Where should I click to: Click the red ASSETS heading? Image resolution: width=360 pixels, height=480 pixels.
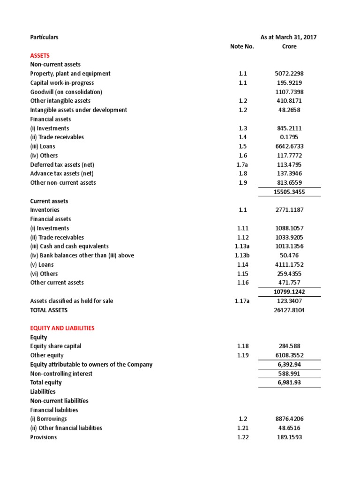pyautogui.click(x=40, y=55)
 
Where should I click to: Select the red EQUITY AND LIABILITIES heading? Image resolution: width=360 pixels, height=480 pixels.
pyautogui.click(x=62, y=328)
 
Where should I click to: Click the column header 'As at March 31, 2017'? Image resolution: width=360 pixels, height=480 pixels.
pyautogui.click(x=288, y=37)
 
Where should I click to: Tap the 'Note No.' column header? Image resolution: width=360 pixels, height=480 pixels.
pyautogui.click(x=242, y=46)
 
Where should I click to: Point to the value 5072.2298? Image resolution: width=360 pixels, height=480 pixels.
pyautogui.click(x=289, y=74)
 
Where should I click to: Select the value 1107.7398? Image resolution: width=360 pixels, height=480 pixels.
pyautogui.click(x=289, y=92)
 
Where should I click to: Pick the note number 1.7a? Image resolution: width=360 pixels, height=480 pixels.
pyautogui.click(x=242, y=165)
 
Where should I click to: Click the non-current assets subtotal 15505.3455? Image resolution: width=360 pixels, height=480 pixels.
pyautogui.click(x=289, y=192)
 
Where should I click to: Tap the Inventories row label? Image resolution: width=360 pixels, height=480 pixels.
pyautogui.click(x=45, y=210)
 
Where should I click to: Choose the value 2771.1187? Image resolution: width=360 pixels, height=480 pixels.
pyautogui.click(x=289, y=210)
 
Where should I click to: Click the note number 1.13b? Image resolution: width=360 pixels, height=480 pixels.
pyautogui.click(x=242, y=255)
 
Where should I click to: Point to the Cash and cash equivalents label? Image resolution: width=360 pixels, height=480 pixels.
pyautogui.click(x=69, y=246)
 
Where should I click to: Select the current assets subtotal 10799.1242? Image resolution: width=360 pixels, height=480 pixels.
pyautogui.click(x=289, y=292)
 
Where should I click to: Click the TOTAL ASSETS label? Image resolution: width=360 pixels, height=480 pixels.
pyautogui.click(x=49, y=310)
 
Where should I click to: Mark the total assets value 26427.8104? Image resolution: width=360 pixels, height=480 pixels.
pyautogui.click(x=289, y=310)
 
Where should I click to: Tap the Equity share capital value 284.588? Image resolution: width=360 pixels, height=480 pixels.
pyautogui.click(x=289, y=346)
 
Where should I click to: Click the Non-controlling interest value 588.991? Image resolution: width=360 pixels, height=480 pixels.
pyautogui.click(x=289, y=374)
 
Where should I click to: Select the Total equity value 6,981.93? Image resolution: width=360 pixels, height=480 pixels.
pyautogui.click(x=289, y=382)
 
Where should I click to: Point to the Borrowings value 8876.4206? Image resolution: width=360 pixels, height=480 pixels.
pyautogui.click(x=289, y=419)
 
